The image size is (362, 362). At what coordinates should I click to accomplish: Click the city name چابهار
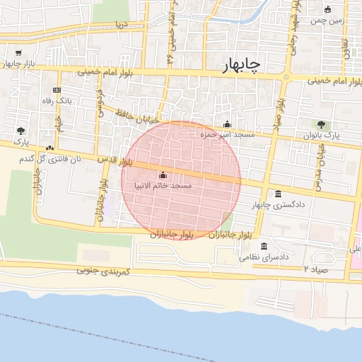pos(236,64)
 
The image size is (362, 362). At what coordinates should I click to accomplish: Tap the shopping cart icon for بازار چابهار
pos(18,53)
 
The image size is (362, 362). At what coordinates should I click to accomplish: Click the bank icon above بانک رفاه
pos(57,90)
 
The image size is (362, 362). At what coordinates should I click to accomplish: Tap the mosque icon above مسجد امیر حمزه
pos(227,124)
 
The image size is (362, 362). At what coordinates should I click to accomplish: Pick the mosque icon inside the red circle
pos(164,175)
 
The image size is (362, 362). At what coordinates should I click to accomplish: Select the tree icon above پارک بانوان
pos(322,124)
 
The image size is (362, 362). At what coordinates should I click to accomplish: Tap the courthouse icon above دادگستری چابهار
pos(278,194)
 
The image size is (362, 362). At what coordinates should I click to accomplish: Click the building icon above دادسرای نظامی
pos(264,247)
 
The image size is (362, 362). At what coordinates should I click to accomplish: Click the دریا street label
pos(122,24)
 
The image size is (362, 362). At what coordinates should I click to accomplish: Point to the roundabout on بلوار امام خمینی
pos(286,76)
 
